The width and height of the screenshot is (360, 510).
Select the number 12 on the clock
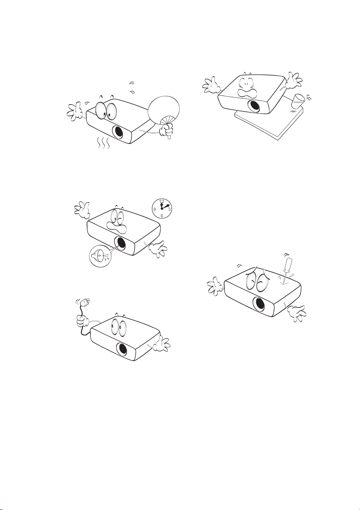(x=162, y=201)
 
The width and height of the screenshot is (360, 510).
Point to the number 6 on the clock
(x=162, y=216)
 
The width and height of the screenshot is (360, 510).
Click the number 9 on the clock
(x=155, y=209)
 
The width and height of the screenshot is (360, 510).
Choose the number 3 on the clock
(x=170, y=209)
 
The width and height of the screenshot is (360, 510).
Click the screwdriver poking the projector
(x=285, y=268)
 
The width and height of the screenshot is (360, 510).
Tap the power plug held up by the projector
(x=84, y=303)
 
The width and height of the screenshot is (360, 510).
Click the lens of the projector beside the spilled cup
(x=254, y=106)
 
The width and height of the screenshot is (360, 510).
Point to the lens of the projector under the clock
(x=120, y=243)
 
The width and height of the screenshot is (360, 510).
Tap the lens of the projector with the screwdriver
(x=259, y=304)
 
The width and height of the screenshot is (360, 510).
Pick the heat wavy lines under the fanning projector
(x=104, y=143)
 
